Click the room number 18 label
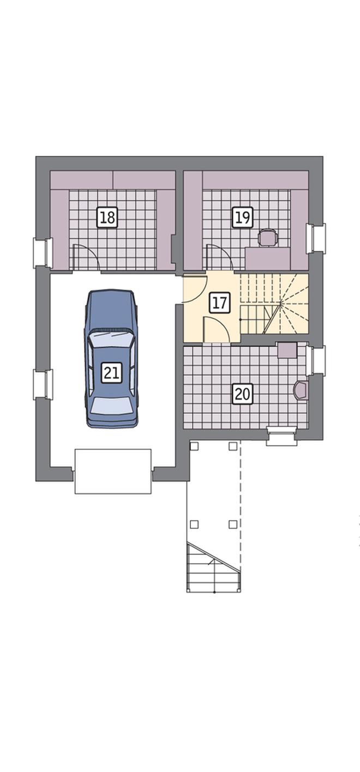tap(107, 217)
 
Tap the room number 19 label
tap(242, 217)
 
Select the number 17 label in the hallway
tap(219, 303)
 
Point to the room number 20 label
tap(242, 394)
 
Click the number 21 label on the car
tap(112, 372)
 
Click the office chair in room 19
tap(268, 238)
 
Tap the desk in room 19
tap(268, 258)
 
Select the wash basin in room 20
tap(300, 390)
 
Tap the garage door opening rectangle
tap(113, 472)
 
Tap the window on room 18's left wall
tap(43, 252)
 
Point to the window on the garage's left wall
tap(43, 384)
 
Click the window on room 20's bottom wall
tap(281, 436)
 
